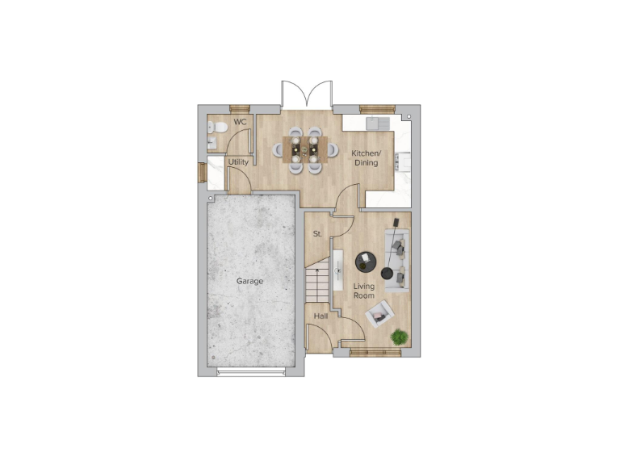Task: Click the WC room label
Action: tap(240, 122)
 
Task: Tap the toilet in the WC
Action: tap(216, 128)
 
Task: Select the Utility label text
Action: tap(238, 162)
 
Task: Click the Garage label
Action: tap(249, 281)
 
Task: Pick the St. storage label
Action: tap(317, 234)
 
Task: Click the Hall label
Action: tap(320, 316)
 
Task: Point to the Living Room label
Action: tap(364, 291)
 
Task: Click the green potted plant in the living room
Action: tap(398, 337)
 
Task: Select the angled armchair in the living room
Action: tap(379, 313)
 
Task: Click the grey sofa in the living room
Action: tap(397, 260)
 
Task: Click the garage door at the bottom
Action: tap(250, 371)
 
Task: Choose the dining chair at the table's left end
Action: tap(278, 149)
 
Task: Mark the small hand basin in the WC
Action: tap(212, 142)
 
